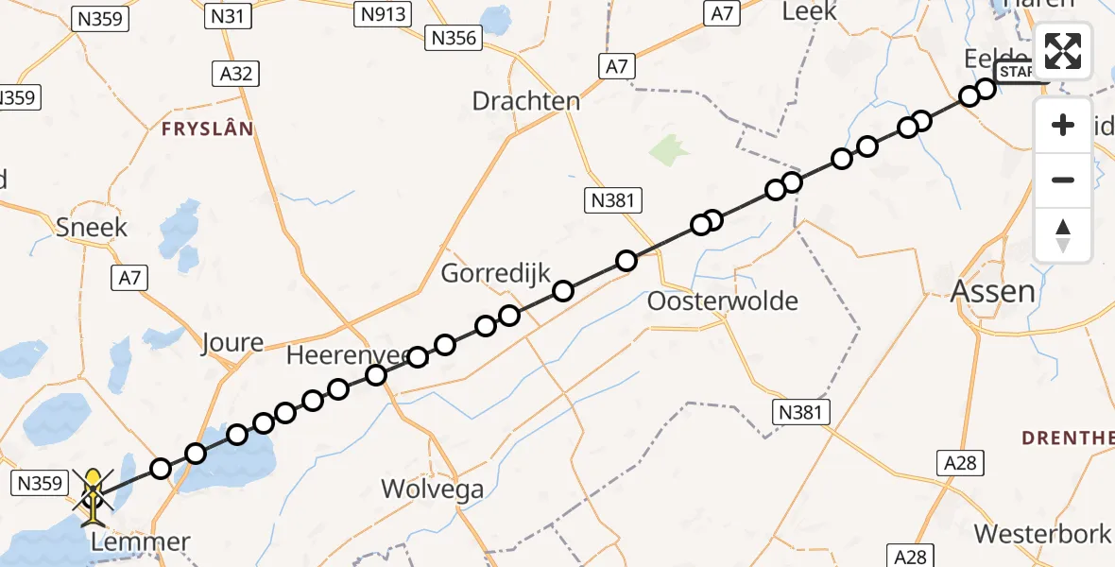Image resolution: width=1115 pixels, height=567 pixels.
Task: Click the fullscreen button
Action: point(1063,51)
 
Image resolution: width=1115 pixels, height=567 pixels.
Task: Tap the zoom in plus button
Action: point(1063,126)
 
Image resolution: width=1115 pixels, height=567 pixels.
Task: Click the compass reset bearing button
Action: point(1063,235)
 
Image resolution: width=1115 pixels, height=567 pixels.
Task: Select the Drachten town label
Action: point(525,101)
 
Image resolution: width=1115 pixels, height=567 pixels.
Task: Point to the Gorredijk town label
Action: point(496,274)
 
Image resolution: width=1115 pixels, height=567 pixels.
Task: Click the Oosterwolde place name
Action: point(723,301)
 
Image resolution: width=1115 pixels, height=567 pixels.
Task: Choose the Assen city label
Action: point(992,290)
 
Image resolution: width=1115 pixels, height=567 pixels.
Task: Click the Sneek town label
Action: point(92,227)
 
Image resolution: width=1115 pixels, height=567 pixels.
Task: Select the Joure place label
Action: point(232,342)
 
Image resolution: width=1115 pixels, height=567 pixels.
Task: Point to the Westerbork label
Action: point(1042,533)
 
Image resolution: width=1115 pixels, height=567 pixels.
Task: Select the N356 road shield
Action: point(455,38)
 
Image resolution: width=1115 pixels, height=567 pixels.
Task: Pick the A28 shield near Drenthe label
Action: point(960,462)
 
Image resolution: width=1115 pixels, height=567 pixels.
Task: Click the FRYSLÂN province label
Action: point(208,129)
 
